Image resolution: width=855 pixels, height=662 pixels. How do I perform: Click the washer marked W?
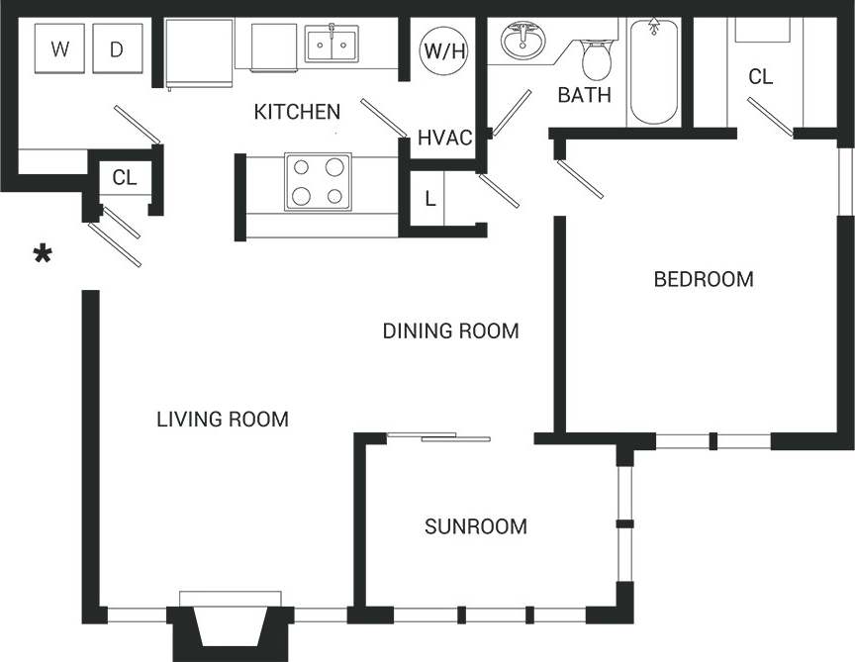click(60, 49)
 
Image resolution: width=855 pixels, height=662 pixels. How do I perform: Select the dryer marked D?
click(117, 49)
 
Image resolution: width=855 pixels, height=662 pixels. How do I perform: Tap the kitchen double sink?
click(332, 45)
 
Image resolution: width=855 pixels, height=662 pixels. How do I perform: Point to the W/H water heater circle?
click(444, 50)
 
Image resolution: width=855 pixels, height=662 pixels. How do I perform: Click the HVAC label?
click(444, 138)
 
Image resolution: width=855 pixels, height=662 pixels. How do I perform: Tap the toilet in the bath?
click(597, 59)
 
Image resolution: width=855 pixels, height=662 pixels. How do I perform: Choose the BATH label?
click(584, 96)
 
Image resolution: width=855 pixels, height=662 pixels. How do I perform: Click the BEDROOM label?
click(704, 279)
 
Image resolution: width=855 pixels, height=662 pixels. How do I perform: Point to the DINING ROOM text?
click(450, 331)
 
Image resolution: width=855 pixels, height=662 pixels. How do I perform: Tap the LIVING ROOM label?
click(223, 420)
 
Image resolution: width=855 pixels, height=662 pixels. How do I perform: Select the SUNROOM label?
click(475, 526)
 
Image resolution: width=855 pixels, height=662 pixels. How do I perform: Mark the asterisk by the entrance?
click(42, 256)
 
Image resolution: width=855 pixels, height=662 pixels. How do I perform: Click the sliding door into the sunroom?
click(438, 436)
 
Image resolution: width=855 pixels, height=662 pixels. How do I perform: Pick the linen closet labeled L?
click(429, 198)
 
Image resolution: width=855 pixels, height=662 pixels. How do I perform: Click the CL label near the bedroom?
click(760, 76)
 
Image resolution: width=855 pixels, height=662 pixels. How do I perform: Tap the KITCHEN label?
click(297, 112)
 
